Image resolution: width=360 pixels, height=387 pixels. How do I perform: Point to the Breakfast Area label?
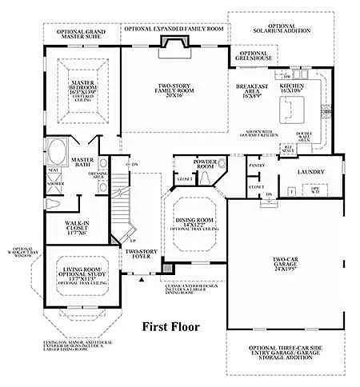pos(252,90)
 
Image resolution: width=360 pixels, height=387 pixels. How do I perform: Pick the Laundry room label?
pos(310,171)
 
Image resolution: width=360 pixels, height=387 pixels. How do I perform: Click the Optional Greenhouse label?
pos(260,56)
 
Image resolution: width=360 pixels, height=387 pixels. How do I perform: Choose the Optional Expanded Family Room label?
pos(173,27)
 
